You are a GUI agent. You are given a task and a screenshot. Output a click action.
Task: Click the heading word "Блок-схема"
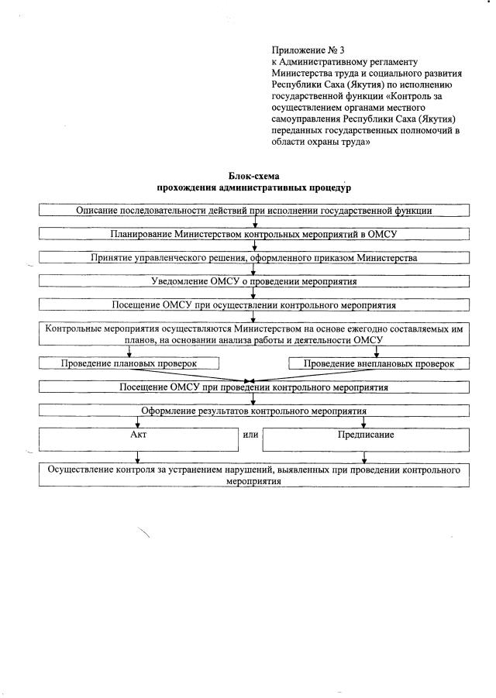tap(253, 177)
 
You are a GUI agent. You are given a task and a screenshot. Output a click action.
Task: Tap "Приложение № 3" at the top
tap(307, 50)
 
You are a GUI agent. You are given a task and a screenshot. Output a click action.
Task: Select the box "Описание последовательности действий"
tap(254, 210)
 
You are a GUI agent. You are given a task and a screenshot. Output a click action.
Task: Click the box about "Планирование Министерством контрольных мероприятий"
tap(254, 234)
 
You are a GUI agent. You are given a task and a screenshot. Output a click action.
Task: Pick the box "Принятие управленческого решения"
tap(254, 257)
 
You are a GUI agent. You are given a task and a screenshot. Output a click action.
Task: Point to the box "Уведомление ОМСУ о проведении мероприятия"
tap(254, 281)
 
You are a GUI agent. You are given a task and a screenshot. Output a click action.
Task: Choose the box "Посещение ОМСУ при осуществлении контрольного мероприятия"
tap(254, 304)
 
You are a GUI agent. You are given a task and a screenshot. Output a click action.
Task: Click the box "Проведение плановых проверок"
tap(129, 363)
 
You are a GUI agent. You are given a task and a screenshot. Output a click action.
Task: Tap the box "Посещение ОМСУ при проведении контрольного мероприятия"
tap(254, 387)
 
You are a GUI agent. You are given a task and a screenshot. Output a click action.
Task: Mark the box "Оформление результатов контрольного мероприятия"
tap(254, 411)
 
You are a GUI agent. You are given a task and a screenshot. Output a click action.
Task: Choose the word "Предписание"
tap(366, 435)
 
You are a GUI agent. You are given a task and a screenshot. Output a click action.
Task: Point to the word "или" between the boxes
tap(250, 435)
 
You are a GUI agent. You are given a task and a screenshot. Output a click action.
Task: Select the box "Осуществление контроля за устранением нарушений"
tap(254, 475)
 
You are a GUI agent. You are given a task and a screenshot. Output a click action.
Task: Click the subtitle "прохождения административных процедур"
tap(253, 188)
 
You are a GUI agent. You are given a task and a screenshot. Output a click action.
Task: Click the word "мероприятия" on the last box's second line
tap(253, 481)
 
